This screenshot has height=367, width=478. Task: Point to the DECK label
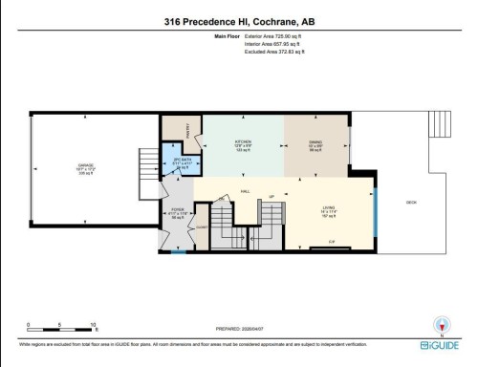[x=412, y=202]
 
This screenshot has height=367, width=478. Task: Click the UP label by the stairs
[x=272, y=197]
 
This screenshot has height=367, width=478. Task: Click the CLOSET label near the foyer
[x=202, y=227]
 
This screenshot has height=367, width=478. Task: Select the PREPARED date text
[x=238, y=328]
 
